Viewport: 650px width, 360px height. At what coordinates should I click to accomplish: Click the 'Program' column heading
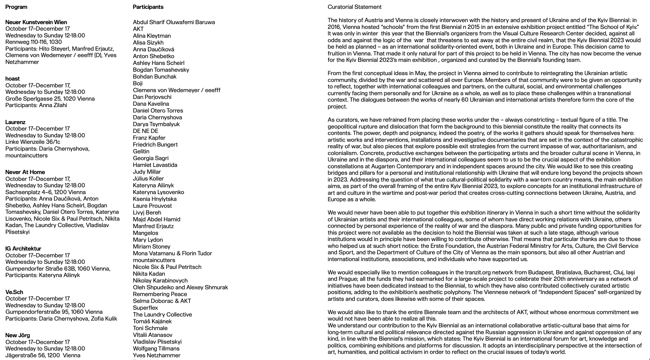pos(16,7)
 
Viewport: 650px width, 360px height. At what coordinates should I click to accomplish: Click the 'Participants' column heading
pos(148,7)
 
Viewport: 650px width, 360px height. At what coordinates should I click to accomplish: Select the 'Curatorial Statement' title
pos(354,7)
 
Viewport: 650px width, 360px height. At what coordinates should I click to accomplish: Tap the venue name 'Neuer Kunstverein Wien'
pos(36,22)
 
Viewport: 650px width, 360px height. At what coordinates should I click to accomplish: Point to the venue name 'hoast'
pos(13,79)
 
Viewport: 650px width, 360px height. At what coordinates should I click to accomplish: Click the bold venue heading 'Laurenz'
pos(15,122)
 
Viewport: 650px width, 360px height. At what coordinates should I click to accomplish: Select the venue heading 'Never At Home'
pos(25,172)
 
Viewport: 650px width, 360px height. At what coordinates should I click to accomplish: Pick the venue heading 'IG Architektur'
pos(23,248)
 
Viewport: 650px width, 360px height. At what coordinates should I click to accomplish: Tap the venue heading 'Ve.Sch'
pos(14,292)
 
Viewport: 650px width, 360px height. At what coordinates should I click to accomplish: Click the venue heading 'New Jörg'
pos(18,335)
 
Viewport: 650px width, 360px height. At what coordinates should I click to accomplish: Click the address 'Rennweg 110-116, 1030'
pos(34,42)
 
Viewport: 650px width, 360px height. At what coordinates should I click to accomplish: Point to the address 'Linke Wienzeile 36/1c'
pos(33,142)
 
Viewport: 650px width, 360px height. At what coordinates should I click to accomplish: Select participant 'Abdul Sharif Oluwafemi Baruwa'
pos(174,22)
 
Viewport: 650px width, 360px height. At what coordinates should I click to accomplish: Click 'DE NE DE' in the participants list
pos(146,131)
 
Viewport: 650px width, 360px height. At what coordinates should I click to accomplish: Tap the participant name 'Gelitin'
pos(141,151)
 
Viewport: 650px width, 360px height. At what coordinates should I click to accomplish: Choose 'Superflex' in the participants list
pos(146,308)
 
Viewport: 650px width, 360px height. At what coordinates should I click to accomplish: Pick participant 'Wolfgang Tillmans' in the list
pos(156,348)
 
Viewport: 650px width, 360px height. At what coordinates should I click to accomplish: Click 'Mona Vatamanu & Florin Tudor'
pos(172,253)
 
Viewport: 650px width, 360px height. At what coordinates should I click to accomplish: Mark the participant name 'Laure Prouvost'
pos(152,206)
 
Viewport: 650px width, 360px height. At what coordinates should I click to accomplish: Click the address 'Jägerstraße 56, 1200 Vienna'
pos(43,355)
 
